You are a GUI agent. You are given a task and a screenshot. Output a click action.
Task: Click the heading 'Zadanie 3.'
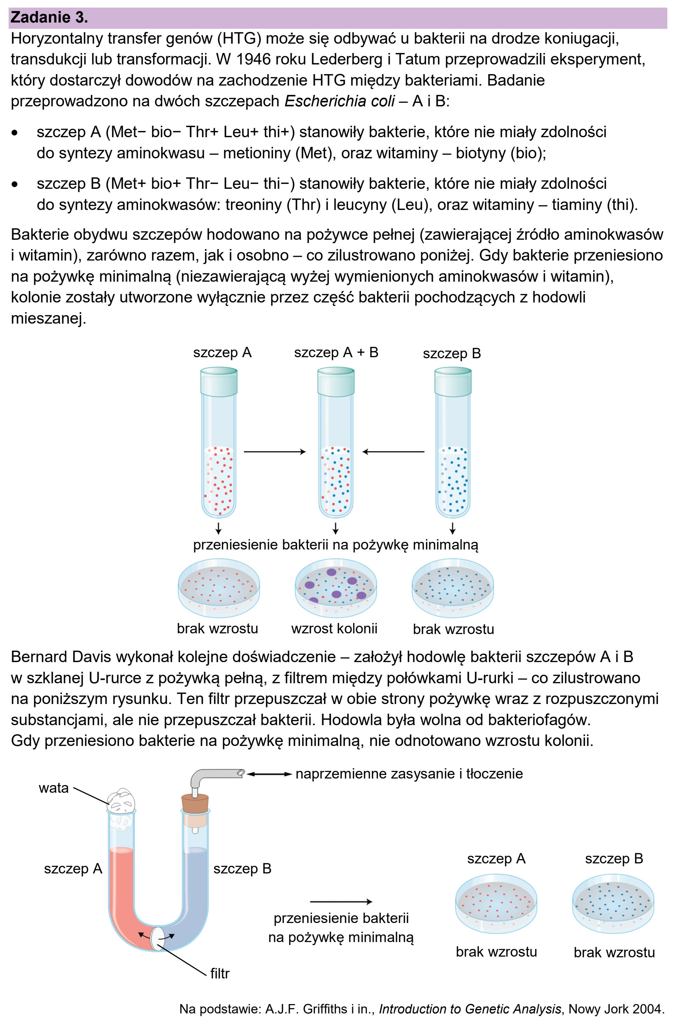pyautogui.click(x=49, y=18)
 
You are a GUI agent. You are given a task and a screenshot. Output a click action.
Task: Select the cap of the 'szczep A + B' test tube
pyautogui.click(x=336, y=381)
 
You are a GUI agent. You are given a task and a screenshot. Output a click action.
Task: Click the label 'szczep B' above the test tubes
pyautogui.click(x=452, y=353)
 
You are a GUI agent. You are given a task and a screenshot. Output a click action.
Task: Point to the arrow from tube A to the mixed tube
pyautogui.click(x=274, y=452)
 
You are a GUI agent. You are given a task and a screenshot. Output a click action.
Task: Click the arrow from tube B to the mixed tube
pyautogui.click(x=393, y=452)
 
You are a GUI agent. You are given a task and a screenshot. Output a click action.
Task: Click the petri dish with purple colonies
pyautogui.click(x=336, y=588)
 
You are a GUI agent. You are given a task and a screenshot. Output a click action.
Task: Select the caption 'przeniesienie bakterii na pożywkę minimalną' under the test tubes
pyautogui.click(x=335, y=545)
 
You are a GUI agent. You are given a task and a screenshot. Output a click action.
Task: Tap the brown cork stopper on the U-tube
pyautogui.click(x=195, y=804)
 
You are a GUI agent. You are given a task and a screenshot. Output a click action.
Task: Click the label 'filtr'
pyautogui.click(x=219, y=974)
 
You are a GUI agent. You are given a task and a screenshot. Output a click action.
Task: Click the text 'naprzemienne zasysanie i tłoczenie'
pyautogui.click(x=409, y=774)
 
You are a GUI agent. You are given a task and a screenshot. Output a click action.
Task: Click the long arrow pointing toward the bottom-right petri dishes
pyautogui.click(x=341, y=902)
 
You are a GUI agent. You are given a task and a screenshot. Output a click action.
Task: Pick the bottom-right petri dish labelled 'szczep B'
pyautogui.click(x=613, y=903)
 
